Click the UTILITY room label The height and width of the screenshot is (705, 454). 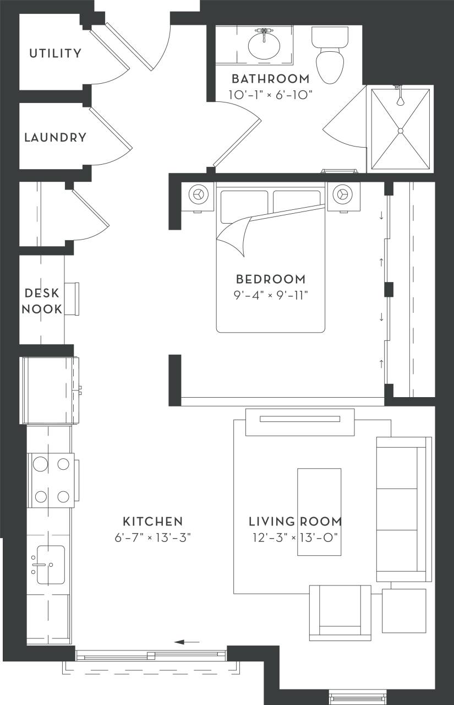click(x=55, y=53)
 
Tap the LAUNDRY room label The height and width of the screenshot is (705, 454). click(x=55, y=137)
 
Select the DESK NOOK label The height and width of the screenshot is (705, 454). click(x=42, y=301)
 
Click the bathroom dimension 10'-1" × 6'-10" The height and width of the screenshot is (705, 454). click(x=270, y=95)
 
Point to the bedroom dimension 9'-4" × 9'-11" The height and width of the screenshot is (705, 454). click(x=270, y=295)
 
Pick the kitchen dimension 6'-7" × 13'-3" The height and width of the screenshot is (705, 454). click(x=152, y=538)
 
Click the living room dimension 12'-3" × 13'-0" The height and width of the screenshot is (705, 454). click(x=295, y=538)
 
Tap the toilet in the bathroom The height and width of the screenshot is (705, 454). click(x=330, y=61)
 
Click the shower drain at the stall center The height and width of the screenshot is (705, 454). click(x=401, y=131)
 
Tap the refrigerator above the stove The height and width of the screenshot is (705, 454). click(x=50, y=390)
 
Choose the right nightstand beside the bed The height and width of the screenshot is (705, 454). click(x=343, y=194)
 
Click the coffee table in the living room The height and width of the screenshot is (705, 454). click(x=319, y=512)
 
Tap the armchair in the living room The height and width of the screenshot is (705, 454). click(x=340, y=612)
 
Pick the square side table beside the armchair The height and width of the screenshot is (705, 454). click(x=404, y=611)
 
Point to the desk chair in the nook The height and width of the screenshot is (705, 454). click(x=72, y=299)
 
